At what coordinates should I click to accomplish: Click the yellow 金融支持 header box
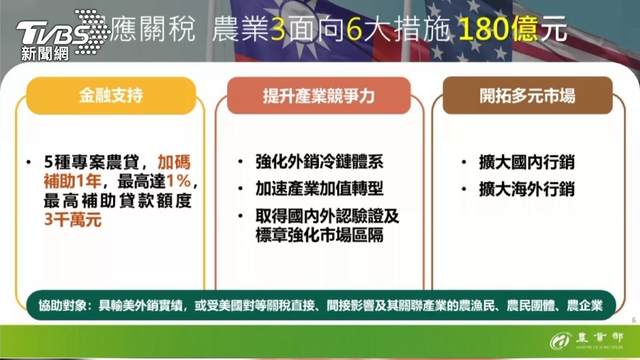click(x=111, y=96)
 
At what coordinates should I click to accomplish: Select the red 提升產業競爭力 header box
click(x=319, y=96)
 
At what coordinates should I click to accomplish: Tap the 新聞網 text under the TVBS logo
click(x=45, y=53)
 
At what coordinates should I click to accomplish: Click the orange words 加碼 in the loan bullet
click(x=174, y=163)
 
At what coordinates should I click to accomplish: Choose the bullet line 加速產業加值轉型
click(x=319, y=189)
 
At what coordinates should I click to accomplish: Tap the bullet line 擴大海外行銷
click(x=527, y=189)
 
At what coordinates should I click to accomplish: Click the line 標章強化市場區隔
click(x=319, y=235)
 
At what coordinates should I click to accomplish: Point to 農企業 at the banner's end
click(x=585, y=306)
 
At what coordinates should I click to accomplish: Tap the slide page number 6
click(x=634, y=320)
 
